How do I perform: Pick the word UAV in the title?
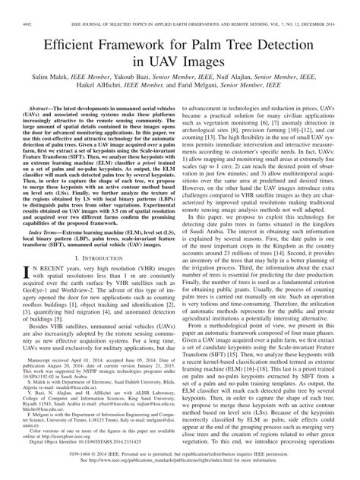pyautogui.click(x=167, y=47)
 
